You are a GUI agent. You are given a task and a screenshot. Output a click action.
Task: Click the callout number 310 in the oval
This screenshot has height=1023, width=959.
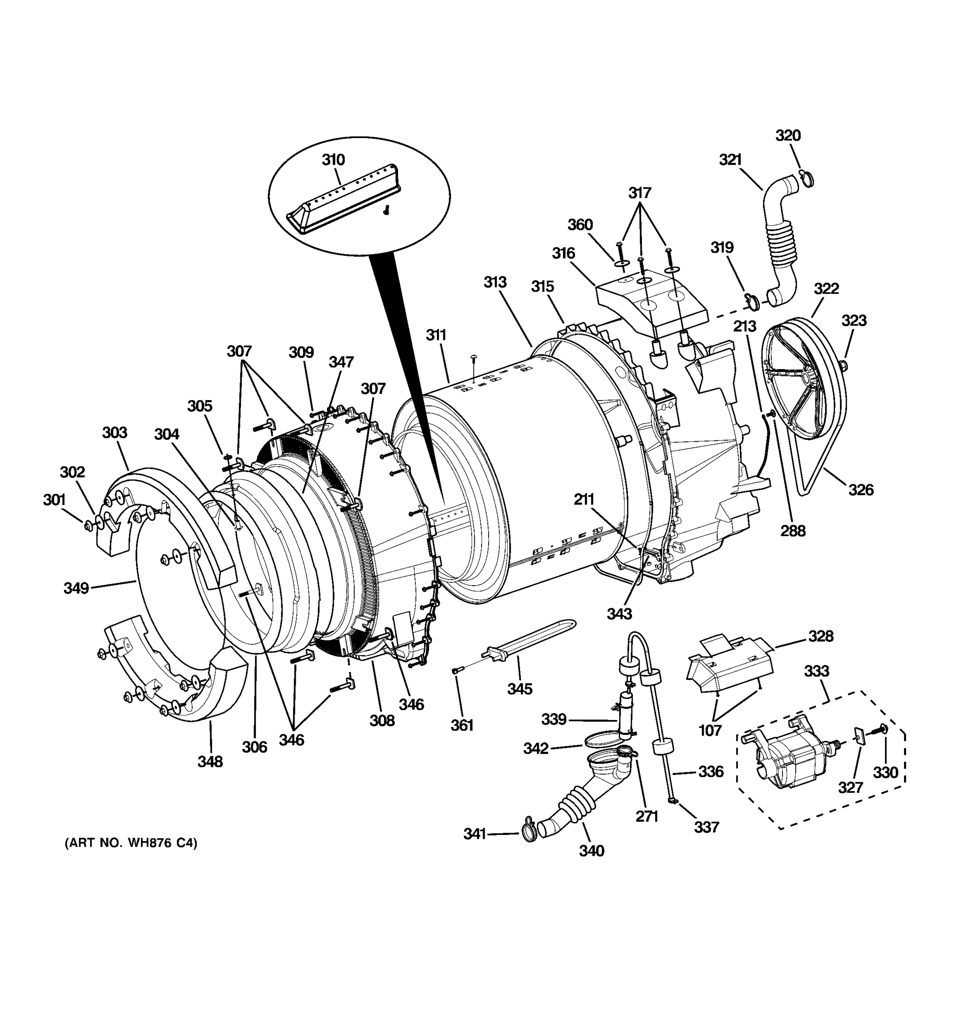(333, 160)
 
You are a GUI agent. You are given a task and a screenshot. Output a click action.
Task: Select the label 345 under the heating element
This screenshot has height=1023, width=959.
(520, 688)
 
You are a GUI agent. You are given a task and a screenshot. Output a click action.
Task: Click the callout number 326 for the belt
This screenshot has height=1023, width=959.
(861, 489)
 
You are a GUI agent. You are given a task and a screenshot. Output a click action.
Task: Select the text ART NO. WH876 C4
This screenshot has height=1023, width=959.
(131, 843)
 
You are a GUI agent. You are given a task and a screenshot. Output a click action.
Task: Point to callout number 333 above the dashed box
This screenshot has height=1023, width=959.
(817, 671)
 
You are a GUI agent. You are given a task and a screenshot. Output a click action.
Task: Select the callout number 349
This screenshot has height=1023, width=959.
(76, 588)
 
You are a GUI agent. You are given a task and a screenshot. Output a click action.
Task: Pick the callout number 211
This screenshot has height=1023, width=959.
(584, 499)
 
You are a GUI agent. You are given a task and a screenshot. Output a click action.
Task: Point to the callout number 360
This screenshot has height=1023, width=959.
(580, 225)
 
